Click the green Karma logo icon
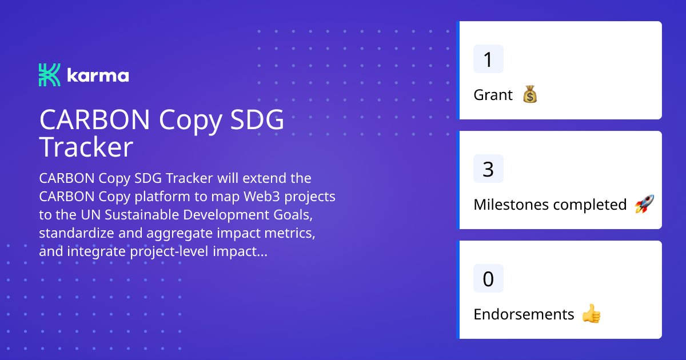tap(49, 75)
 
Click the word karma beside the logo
tap(98, 76)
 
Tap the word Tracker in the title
tap(86, 147)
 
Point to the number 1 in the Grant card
tap(488, 59)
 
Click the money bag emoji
tap(530, 95)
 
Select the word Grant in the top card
tap(493, 95)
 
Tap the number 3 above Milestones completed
tap(488, 169)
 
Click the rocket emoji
tap(644, 205)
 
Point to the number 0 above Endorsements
tap(488, 279)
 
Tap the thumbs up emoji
tap(591, 314)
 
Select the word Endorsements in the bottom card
tap(524, 314)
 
